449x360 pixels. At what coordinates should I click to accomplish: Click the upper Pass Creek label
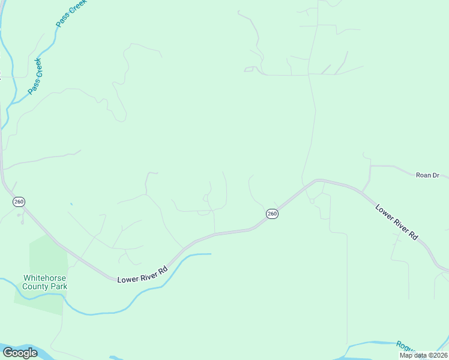click(x=70, y=13)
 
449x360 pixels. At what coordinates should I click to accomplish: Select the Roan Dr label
click(x=427, y=175)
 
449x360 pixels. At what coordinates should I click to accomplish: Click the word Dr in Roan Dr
click(x=436, y=175)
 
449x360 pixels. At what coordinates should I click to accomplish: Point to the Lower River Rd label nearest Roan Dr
click(x=397, y=223)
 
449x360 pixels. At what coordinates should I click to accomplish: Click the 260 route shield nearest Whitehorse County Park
click(x=18, y=202)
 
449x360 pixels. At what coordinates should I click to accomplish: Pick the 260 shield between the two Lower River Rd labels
click(x=272, y=214)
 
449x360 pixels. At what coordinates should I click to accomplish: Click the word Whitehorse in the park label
click(x=44, y=278)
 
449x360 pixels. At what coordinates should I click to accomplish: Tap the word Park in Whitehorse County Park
click(x=59, y=286)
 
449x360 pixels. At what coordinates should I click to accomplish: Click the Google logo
click(x=20, y=353)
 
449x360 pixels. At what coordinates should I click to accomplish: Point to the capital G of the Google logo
click(x=8, y=352)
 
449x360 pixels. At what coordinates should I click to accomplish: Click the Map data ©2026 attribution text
click(x=423, y=355)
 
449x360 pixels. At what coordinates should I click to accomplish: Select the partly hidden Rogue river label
click(x=405, y=346)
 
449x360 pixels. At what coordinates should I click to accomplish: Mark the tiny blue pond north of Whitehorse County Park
click(x=71, y=204)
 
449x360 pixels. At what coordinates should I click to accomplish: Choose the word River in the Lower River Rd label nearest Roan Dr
click(x=399, y=224)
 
